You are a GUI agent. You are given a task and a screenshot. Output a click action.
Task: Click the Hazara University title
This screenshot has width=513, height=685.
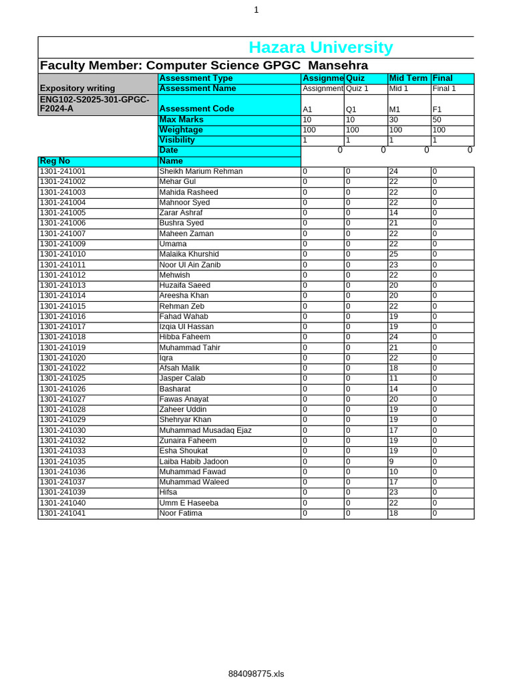[321, 47]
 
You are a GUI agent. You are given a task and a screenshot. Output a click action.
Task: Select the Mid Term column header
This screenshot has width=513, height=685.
[408, 78]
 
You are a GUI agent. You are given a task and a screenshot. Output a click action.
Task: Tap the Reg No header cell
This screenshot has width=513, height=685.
[55, 161]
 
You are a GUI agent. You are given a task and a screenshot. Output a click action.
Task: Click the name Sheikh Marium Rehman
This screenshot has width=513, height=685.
[200, 171]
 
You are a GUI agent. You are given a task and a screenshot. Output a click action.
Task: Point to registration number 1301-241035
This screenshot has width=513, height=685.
[63, 462]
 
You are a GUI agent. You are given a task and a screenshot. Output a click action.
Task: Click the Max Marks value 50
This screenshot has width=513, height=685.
[437, 120]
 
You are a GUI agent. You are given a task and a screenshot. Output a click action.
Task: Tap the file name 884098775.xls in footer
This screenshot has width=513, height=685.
[256, 674]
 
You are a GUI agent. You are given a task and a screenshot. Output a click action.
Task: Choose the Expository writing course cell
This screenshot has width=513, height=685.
[77, 88]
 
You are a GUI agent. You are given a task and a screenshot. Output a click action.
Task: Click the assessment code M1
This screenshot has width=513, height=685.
[394, 109]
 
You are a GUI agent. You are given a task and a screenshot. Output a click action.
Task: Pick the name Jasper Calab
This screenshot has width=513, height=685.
[182, 379]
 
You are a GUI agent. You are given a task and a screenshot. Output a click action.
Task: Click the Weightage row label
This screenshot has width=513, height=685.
[181, 130]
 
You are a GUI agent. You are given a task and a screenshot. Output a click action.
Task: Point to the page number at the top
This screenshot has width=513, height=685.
[256, 10]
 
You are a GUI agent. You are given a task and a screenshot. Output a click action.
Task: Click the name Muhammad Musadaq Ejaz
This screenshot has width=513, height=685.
[205, 430]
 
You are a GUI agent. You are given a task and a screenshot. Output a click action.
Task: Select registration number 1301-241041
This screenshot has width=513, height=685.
[63, 513]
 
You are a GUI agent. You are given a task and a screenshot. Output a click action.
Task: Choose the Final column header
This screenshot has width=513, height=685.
[442, 78]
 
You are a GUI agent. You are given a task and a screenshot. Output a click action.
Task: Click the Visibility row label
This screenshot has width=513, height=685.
[177, 140]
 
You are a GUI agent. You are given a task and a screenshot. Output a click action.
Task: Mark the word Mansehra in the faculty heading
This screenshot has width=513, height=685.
[337, 66]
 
